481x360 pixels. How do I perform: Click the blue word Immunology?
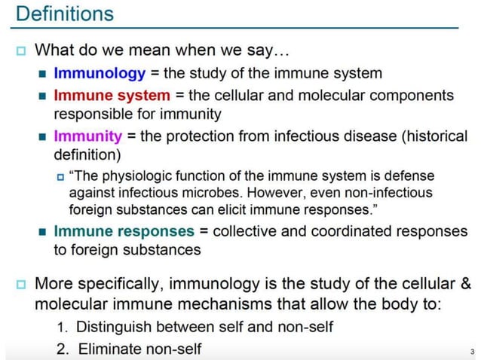pyautogui.click(x=100, y=74)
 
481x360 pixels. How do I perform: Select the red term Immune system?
pyautogui.click(x=112, y=96)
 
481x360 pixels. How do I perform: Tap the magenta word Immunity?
pyautogui.click(x=87, y=137)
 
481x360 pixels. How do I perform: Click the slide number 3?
pyautogui.click(x=471, y=352)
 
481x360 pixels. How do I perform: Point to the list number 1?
pyautogui.click(x=63, y=328)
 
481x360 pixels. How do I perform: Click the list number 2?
pyautogui.click(x=63, y=349)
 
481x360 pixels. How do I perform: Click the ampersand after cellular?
pyautogui.click(x=465, y=285)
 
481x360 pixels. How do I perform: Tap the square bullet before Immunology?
pyautogui.click(x=42, y=75)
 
